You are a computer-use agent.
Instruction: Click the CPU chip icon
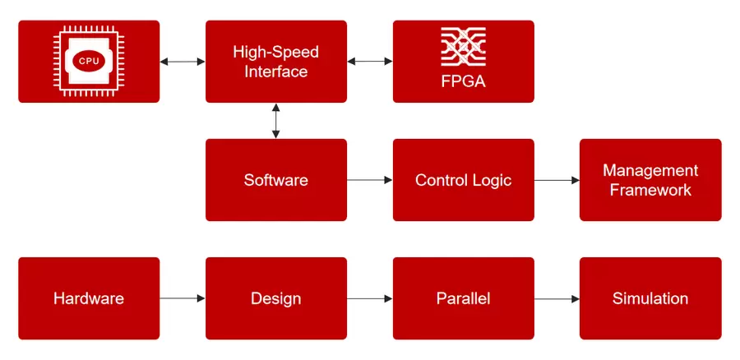pos(89,61)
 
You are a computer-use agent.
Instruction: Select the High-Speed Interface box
pos(275,62)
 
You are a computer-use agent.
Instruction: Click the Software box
pos(275,180)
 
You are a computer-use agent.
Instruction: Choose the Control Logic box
pos(463,180)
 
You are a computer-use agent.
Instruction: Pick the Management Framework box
pos(650,180)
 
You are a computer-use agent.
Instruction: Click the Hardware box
pos(89,298)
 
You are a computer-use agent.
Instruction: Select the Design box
pos(275,298)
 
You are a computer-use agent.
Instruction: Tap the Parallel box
pos(463,298)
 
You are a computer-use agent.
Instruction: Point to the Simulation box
pos(650,298)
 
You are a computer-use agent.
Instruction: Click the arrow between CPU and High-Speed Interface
pos(183,62)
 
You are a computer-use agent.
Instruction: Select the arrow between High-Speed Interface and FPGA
pos(370,62)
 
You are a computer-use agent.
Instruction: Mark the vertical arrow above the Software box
pos(275,121)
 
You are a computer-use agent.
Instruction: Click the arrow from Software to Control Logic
pos(370,180)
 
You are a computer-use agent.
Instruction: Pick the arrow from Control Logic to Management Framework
pos(557,180)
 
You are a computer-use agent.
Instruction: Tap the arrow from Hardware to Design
pos(183,298)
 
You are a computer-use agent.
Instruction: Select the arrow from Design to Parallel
pos(370,298)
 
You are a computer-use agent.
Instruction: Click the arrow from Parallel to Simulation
pos(557,298)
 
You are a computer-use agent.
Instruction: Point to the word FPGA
pos(463,82)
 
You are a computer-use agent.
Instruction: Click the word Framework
pos(650,190)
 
